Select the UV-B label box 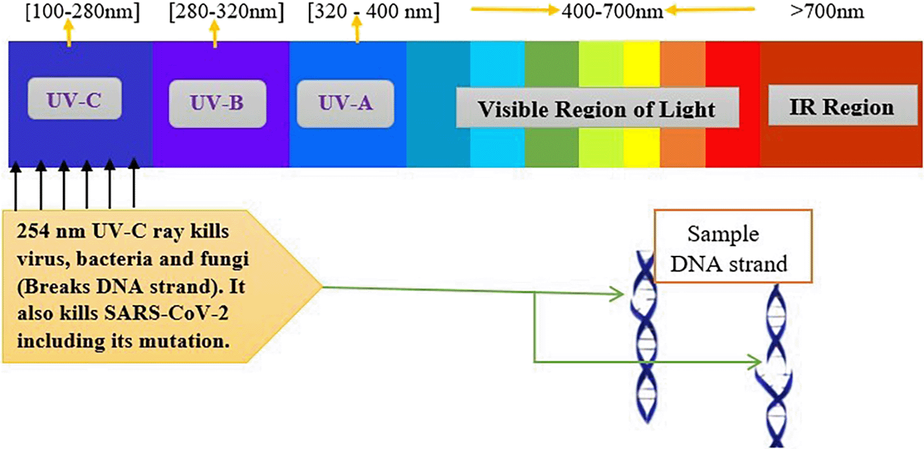click(217, 104)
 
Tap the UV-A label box click(345, 104)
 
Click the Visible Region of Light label click(597, 108)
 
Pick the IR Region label click(841, 107)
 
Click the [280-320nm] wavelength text click(226, 12)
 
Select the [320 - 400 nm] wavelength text click(373, 12)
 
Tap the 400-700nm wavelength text click(612, 12)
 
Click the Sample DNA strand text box click(733, 247)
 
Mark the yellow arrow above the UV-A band click(358, 33)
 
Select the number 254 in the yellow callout click(32, 232)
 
